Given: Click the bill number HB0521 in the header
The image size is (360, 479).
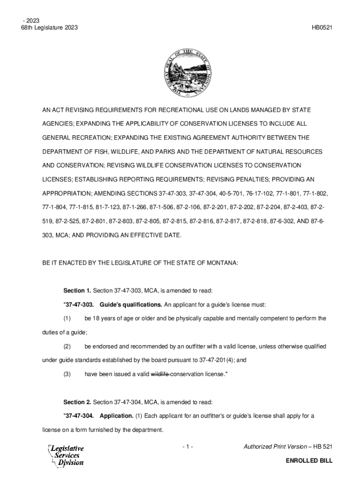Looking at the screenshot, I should pos(322,28).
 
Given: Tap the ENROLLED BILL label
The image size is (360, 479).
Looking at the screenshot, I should pos(309,461).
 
